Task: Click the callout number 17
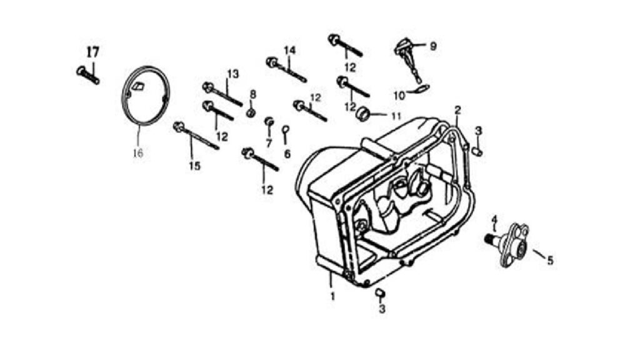[93, 52]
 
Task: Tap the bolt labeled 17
[87, 75]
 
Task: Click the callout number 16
[138, 154]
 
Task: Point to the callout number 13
[232, 74]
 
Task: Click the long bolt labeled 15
[196, 136]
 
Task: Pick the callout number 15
[195, 166]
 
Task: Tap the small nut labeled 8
[251, 111]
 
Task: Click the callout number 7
[269, 143]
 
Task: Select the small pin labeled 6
[286, 132]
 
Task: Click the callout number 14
[289, 50]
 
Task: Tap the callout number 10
[399, 96]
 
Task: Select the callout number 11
[396, 116]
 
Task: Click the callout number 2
[458, 109]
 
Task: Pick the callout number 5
[550, 260]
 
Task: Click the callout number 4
[494, 219]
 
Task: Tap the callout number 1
[332, 296]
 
